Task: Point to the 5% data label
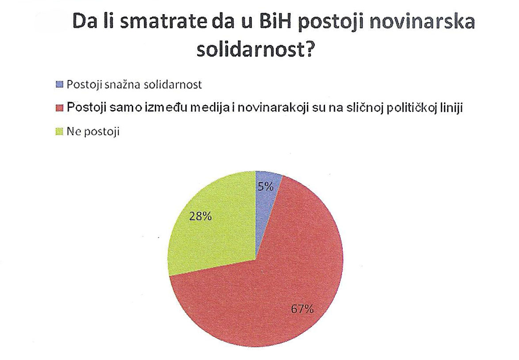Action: coord(266,187)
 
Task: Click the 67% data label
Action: coord(302,309)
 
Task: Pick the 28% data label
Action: coord(200,217)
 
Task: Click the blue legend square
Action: coord(60,85)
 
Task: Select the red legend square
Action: coord(60,108)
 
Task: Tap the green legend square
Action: coord(60,132)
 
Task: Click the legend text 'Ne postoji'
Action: coord(93,132)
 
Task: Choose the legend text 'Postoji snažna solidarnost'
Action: coord(134,85)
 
